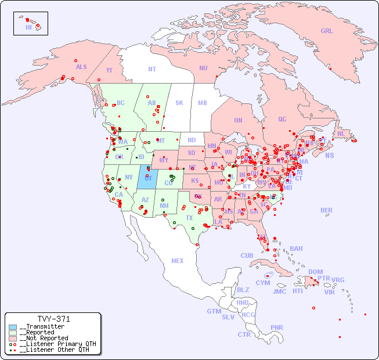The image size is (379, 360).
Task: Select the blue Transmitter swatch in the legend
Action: (x=13, y=327)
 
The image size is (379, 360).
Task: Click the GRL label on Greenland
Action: (x=327, y=31)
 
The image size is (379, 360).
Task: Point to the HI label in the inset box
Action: (x=28, y=27)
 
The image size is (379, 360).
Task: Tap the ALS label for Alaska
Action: (x=81, y=67)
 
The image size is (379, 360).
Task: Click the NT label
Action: (x=151, y=69)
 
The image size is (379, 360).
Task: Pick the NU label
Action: (x=203, y=68)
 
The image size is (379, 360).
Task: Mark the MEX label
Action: (x=178, y=261)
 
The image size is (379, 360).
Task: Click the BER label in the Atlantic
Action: (x=326, y=210)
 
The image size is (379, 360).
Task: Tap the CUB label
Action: (x=247, y=255)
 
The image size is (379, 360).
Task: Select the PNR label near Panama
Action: (x=277, y=327)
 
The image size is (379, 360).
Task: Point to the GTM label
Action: (x=214, y=311)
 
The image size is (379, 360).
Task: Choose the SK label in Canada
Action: (x=179, y=103)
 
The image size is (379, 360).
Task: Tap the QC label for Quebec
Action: (x=282, y=119)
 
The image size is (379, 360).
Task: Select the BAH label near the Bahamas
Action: (x=296, y=249)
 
